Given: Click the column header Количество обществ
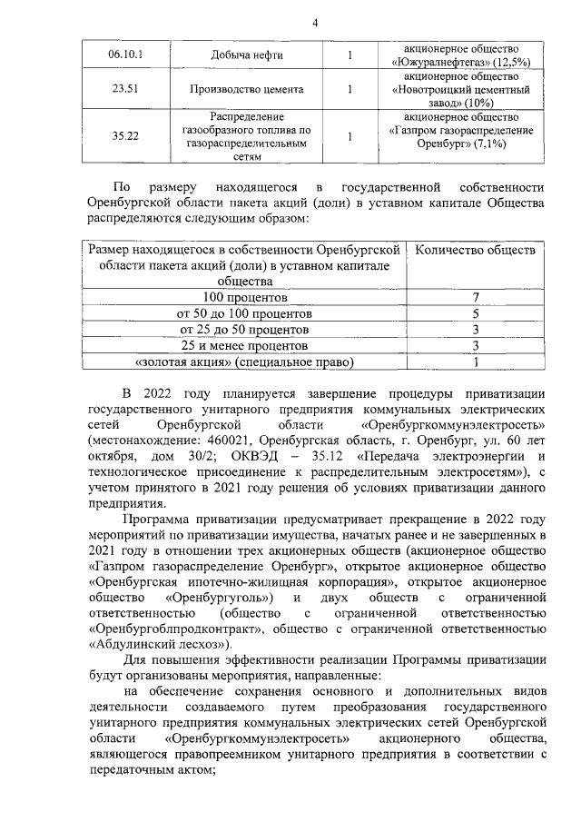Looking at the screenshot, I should (475, 249).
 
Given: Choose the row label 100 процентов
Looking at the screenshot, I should (245, 297).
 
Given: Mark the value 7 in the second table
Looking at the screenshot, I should (475, 297).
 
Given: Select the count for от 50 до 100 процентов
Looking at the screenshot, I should (475, 313).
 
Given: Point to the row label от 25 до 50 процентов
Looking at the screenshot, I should (245, 329).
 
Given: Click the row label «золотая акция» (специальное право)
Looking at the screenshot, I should (245, 361).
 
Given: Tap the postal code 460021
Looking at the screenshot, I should (201, 440).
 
